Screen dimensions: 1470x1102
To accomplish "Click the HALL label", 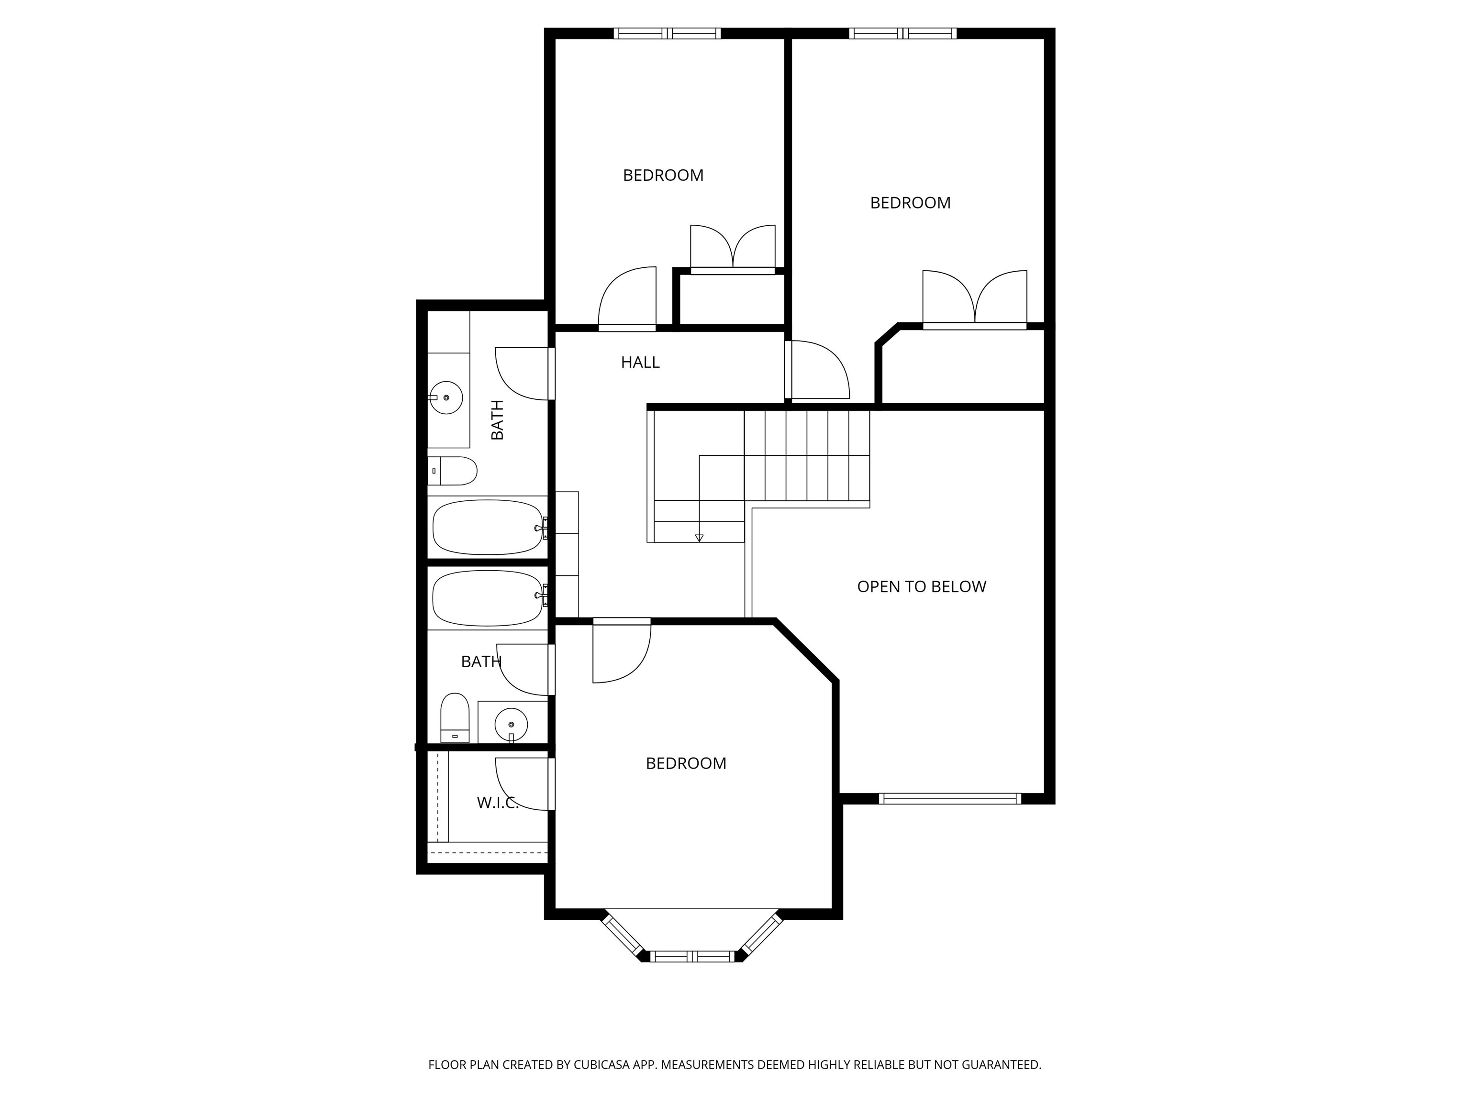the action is pos(640,362).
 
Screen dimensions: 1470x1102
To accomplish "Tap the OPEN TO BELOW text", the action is pos(921,586).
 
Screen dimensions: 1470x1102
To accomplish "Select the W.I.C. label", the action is pos(498,803).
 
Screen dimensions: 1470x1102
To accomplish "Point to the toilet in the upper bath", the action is pos(452,471).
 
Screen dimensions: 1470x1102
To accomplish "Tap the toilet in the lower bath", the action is pos(455,718).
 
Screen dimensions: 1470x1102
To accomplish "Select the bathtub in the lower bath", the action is pos(489,598).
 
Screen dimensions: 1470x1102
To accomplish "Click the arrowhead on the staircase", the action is pos(699,538).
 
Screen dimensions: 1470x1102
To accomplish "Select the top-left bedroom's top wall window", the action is pos(667,33).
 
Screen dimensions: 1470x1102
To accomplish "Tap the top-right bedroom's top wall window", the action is pos(902,33).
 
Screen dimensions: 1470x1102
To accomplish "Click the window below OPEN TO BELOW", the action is pos(950,798).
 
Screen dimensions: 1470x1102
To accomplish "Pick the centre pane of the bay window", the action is pos(692,957).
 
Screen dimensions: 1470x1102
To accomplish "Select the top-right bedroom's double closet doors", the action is pos(975,299).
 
